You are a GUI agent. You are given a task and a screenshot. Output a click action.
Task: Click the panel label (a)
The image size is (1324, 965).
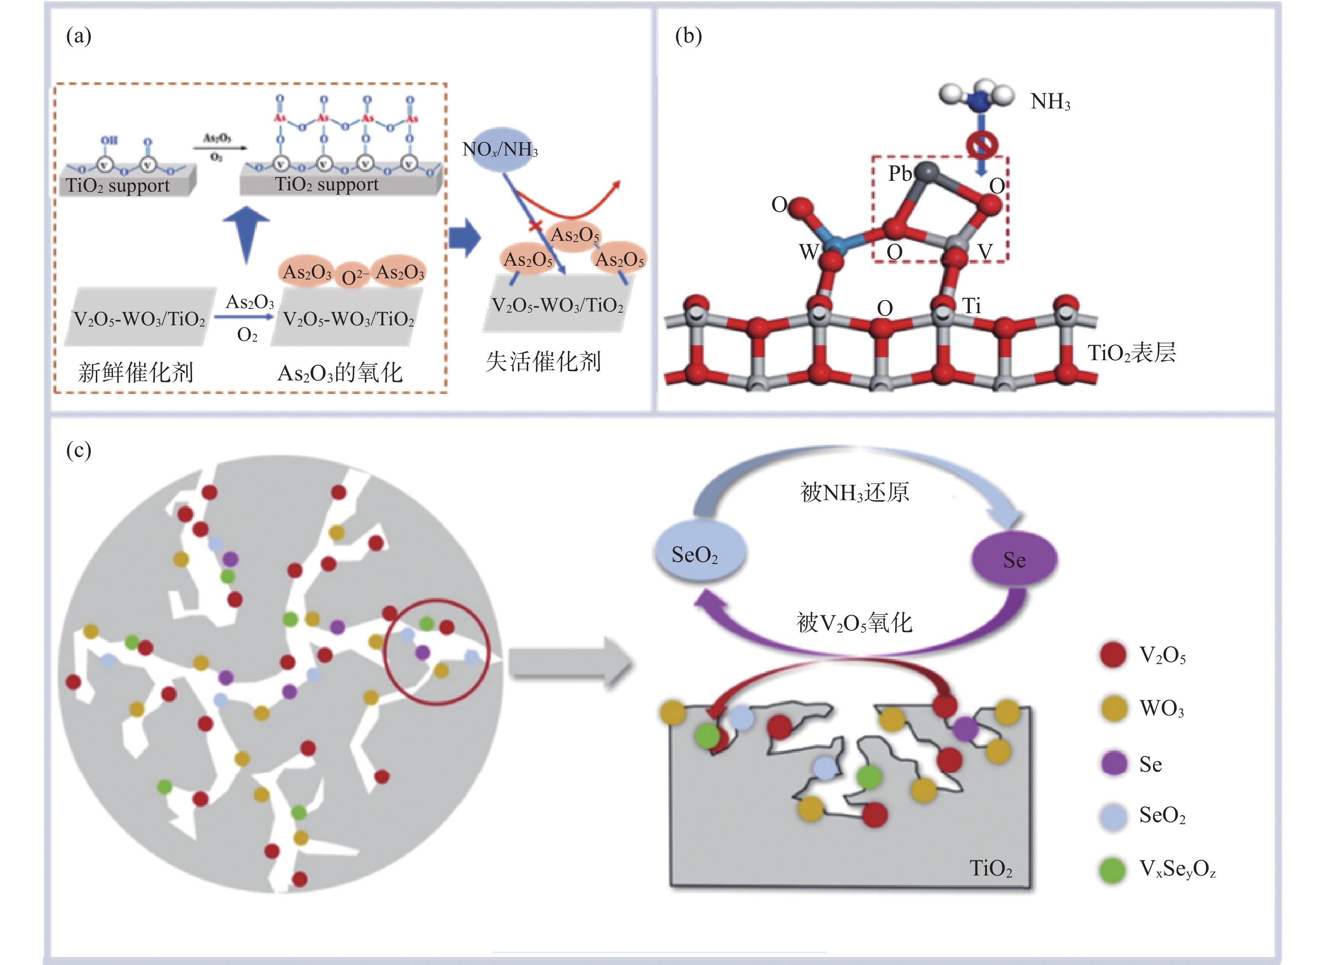coord(78,36)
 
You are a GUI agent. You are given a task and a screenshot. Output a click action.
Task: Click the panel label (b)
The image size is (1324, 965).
coord(688,36)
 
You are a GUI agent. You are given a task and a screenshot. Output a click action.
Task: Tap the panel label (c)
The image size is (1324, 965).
coord(78,451)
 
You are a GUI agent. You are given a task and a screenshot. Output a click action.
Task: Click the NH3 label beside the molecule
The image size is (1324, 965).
coord(1050,102)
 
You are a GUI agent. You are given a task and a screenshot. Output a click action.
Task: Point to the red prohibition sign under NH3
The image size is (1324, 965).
coord(981,144)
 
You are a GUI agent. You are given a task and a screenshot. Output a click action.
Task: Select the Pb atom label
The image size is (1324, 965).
coord(899,174)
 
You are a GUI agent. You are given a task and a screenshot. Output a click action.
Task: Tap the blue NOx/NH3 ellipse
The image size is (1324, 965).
coord(499,150)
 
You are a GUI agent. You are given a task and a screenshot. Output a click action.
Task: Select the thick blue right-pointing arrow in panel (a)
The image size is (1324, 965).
coord(465,237)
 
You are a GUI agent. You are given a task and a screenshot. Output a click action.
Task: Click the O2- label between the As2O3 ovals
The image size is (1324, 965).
coord(354,277)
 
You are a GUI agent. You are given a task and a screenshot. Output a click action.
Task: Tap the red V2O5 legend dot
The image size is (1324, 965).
coord(1113,655)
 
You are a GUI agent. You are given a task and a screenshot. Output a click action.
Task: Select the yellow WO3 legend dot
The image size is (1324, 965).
coord(1113,709)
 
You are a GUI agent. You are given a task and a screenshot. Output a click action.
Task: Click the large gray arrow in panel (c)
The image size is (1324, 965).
coord(570,664)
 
